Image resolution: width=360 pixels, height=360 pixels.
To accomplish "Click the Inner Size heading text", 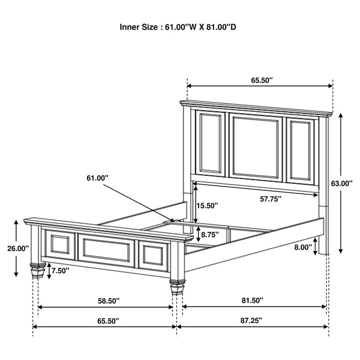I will tap(178, 26).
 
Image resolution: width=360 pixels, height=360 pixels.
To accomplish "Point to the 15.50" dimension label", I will tap(207, 205).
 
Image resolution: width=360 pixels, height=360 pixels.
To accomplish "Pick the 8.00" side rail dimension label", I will tap(303, 247).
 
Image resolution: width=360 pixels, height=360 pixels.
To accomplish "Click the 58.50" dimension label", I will tap(104, 300).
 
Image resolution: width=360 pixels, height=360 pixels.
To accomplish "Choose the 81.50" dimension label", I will tap(254, 300).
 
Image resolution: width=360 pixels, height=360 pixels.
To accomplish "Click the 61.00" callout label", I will tap(98, 178).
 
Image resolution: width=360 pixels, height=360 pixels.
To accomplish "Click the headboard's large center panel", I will tap(256, 147).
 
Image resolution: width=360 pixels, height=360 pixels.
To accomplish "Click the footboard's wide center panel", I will tap(106, 249).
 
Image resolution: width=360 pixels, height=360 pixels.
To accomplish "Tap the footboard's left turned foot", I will tap(37, 270).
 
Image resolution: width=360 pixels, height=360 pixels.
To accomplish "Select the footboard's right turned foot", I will tap(175, 285).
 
